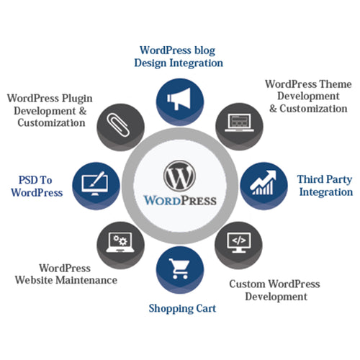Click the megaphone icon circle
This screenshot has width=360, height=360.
click(180, 102)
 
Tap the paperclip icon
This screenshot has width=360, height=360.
click(119, 125)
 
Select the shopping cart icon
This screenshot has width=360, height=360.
click(179, 269)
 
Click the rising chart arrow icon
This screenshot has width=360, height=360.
click(263, 182)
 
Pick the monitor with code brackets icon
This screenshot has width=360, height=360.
click(239, 242)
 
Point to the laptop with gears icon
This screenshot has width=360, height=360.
click(120, 242)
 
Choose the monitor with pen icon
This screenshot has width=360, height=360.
click(94, 184)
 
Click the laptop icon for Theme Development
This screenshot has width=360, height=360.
click(239, 122)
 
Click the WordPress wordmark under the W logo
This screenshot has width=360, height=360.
click(180, 201)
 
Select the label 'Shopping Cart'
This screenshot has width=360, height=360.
click(182, 309)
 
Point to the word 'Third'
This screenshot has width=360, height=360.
click(310, 179)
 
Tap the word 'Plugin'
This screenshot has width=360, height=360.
click(77, 99)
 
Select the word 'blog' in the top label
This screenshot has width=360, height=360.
click(204, 51)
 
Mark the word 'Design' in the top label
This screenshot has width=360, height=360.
click(150, 63)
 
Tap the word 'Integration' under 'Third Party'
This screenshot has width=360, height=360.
click(326, 192)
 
